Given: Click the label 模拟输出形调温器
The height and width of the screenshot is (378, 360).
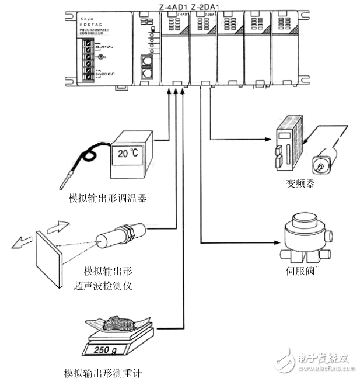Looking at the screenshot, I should [x=106, y=197].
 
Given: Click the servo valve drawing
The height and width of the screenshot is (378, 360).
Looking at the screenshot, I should [x=305, y=236].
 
